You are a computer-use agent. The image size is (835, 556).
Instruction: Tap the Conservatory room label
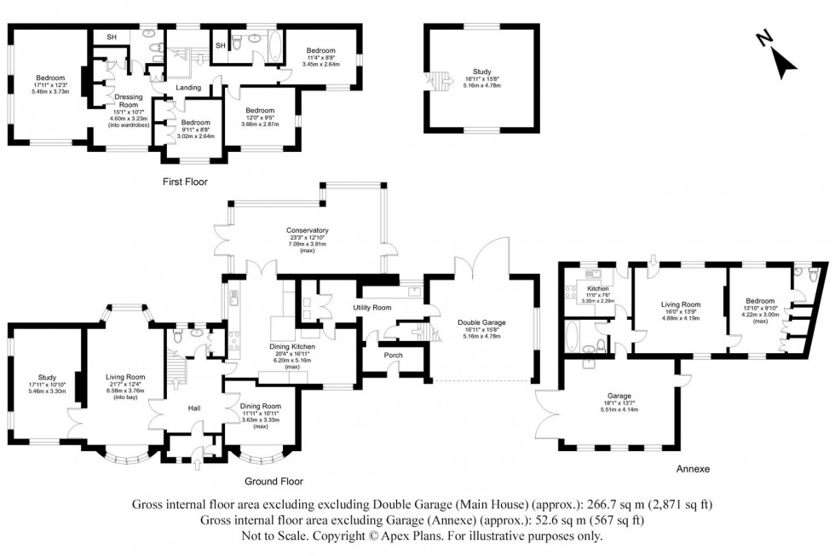coord(308,230)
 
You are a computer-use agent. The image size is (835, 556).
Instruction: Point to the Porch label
coord(394,355)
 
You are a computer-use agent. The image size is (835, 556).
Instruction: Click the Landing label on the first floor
coord(188,88)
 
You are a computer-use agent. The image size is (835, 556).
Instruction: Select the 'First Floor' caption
coord(185,182)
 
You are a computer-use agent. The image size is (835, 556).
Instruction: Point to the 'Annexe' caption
coord(692,469)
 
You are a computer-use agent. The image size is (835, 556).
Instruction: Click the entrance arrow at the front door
coord(198,465)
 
